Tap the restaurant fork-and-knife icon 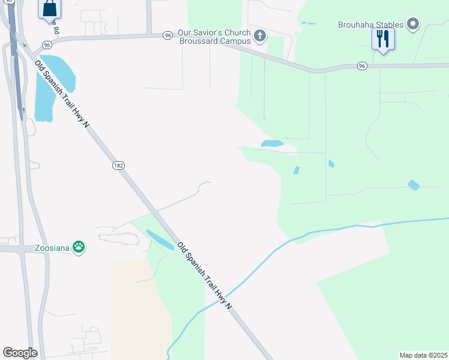[x=382, y=39]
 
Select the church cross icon [x=260, y=36]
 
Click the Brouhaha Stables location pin [x=412, y=25]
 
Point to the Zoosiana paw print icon [x=79, y=247]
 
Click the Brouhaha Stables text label [x=370, y=25]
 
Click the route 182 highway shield [x=118, y=165]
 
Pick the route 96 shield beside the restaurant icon [x=361, y=65]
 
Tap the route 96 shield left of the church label [x=167, y=35]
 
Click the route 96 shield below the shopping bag [x=46, y=44]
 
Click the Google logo [x=20, y=353]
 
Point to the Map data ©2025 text [x=423, y=355]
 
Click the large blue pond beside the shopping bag [x=54, y=84]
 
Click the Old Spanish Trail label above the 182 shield [x=62, y=94]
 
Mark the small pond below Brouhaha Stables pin [x=414, y=185]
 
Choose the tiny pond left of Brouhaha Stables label [x=308, y=23]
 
